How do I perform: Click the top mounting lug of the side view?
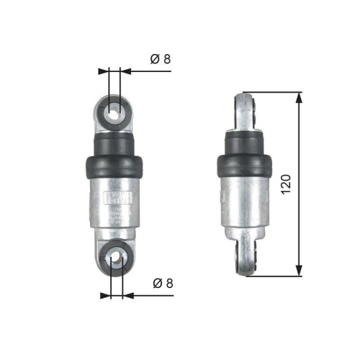(248, 112)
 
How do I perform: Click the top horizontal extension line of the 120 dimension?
(274, 91)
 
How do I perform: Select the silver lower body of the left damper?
(114, 216)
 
